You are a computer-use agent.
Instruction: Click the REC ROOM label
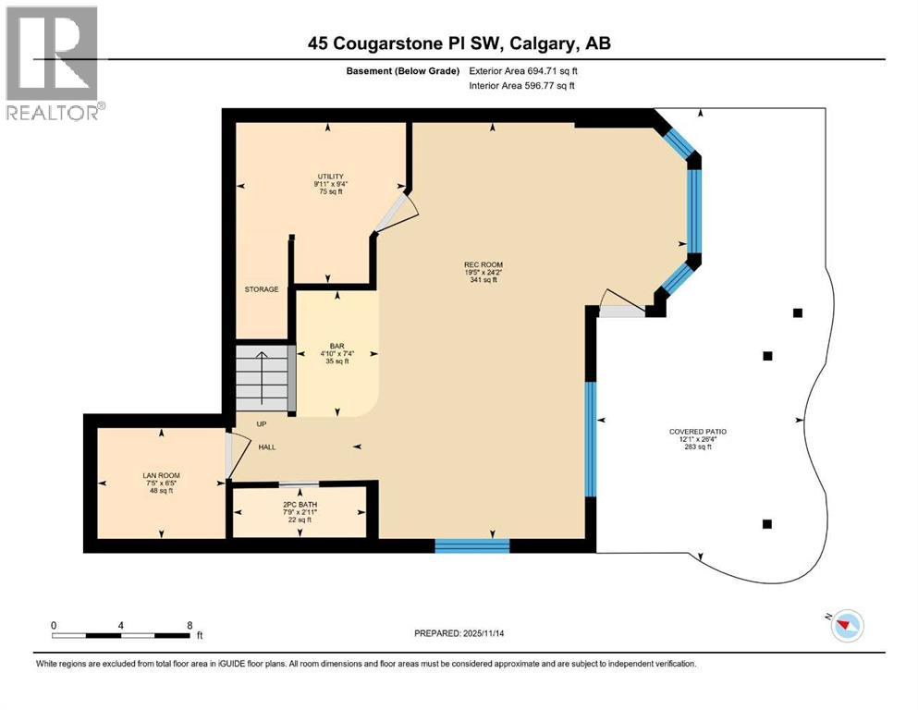tap(483, 264)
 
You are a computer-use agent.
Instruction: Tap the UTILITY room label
tap(329, 176)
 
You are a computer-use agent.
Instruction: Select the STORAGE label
tap(262, 289)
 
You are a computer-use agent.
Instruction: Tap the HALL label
tap(267, 447)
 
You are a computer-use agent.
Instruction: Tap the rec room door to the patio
tap(619, 305)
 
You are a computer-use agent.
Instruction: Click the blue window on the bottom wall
tap(471, 545)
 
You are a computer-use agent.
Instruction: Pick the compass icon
tap(846, 627)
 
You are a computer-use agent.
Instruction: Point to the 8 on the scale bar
tap(190, 625)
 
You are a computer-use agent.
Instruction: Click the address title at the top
tap(459, 43)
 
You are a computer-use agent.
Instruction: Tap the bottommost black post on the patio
tap(766, 524)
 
